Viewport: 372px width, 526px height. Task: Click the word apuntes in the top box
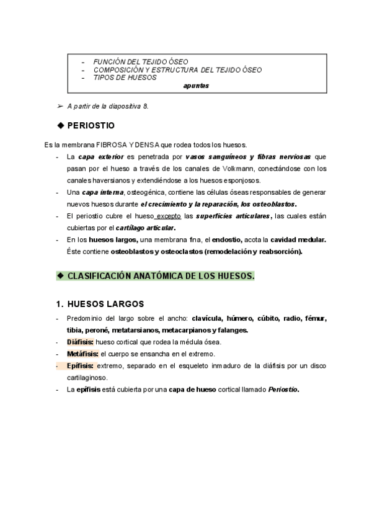(197, 86)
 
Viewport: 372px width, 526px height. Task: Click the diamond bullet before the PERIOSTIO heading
(60, 125)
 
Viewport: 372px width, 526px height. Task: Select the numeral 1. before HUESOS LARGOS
(60, 304)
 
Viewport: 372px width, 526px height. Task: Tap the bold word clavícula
(210, 319)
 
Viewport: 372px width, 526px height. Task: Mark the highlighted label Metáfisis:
(82, 354)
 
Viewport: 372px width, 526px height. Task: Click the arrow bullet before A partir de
(60, 107)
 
